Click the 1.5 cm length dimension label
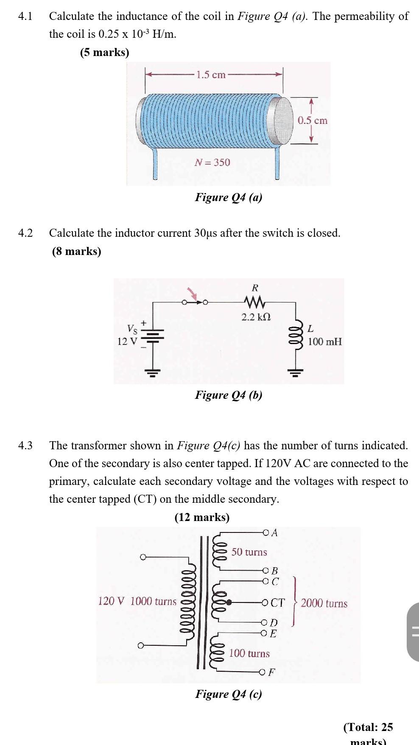(212, 75)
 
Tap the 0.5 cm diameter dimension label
(312, 120)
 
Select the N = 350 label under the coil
(212, 162)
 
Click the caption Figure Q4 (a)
(229, 197)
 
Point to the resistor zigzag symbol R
(255, 302)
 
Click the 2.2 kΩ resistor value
(256, 317)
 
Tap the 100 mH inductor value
(324, 342)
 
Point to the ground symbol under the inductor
(295, 373)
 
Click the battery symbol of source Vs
(155, 336)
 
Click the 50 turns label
(249, 552)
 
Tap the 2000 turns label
(324, 604)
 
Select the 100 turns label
(249, 653)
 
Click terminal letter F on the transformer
(272, 672)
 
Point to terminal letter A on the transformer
(274, 533)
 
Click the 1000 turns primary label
(153, 601)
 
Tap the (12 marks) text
(202, 517)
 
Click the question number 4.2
(25, 233)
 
